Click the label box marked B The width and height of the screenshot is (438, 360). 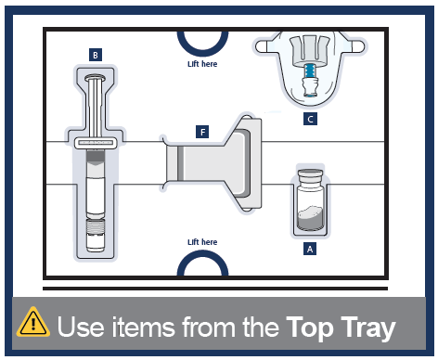96,55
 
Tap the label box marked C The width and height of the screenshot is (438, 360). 310,119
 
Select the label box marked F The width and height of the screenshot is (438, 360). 202,132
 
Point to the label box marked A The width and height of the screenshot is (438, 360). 310,249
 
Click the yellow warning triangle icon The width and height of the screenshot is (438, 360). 33,322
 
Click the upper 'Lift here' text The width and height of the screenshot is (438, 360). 202,64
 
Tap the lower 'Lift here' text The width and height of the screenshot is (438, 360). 202,242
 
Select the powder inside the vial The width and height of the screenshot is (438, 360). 310,217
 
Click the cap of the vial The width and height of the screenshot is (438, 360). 310,176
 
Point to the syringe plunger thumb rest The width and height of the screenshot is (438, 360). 96,78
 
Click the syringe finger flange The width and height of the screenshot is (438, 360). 96,143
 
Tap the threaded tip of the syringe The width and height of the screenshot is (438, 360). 96,227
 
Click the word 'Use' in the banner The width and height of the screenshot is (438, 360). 81,327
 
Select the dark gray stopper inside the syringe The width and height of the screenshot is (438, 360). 96,156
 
